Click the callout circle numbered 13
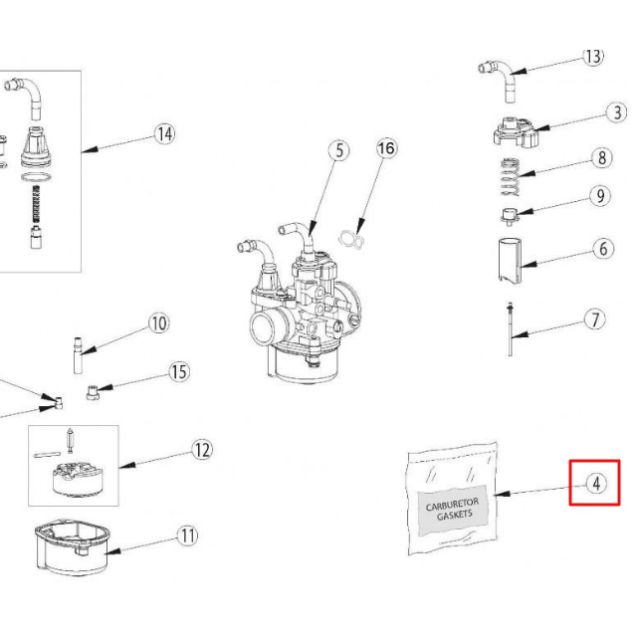[593, 57]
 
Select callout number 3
[618, 113]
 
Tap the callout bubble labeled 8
[600, 158]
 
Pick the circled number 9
[600, 196]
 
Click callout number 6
[604, 249]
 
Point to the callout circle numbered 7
[594, 320]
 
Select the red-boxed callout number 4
[595, 484]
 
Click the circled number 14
[164, 134]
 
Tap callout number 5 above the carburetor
[339, 150]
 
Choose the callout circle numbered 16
[386, 148]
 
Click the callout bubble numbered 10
[159, 322]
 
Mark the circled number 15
[179, 372]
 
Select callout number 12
[202, 450]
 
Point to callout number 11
[188, 535]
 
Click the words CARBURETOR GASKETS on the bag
[453, 511]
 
